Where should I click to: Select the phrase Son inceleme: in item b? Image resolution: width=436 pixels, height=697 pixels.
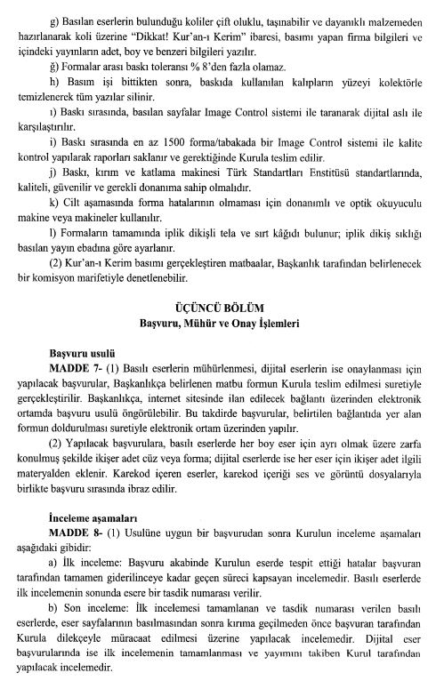(x=94, y=611)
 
